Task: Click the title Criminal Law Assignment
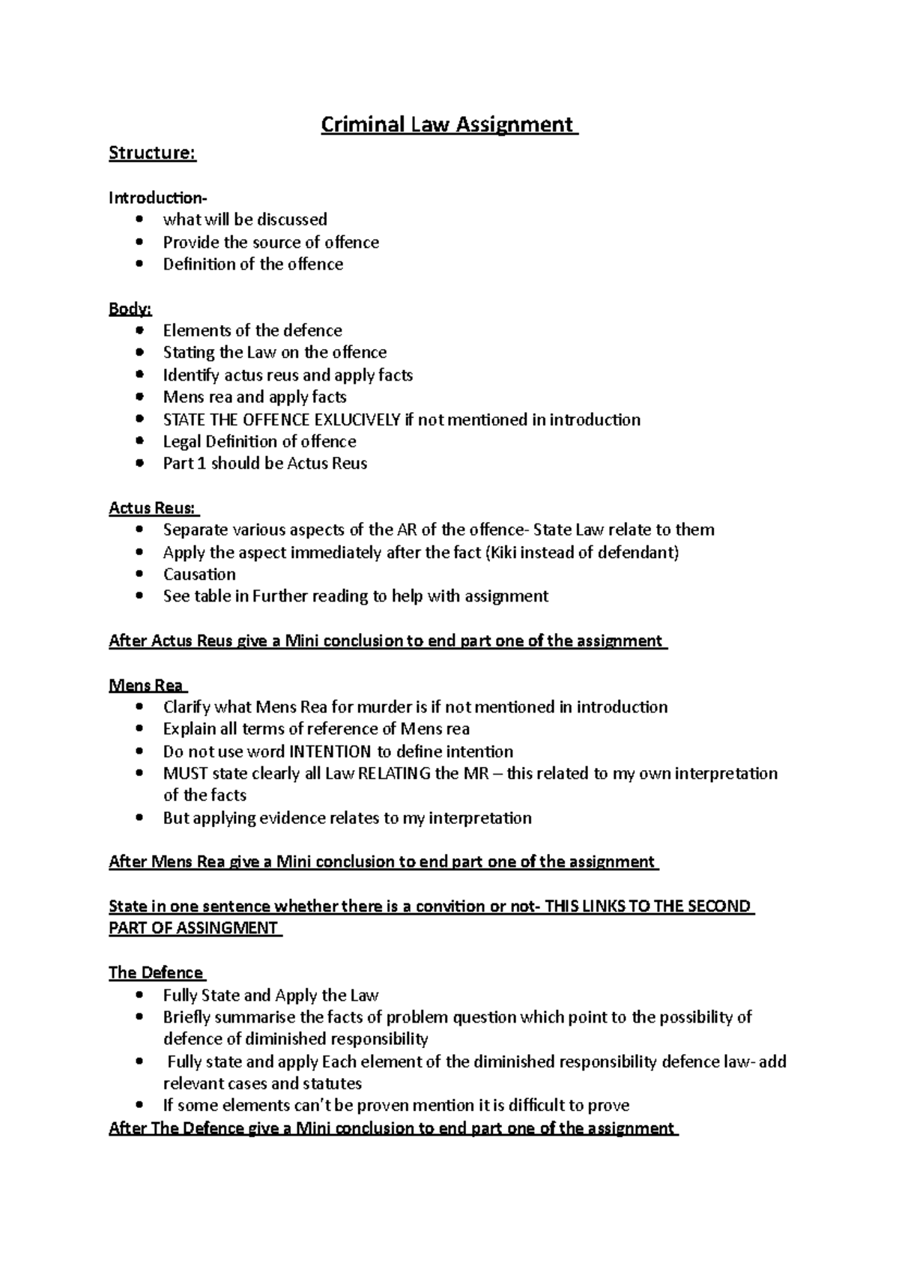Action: click(449, 124)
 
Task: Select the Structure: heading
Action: click(152, 153)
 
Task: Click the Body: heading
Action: click(130, 309)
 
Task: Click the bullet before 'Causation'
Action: click(139, 575)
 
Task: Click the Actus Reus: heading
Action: click(154, 508)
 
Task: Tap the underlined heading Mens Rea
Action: click(147, 685)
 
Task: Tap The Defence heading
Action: click(156, 972)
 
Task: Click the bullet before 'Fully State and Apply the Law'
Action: click(139, 996)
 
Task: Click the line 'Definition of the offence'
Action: click(253, 264)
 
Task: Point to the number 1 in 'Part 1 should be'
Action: click(201, 464)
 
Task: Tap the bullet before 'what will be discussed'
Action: click(139, 220)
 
